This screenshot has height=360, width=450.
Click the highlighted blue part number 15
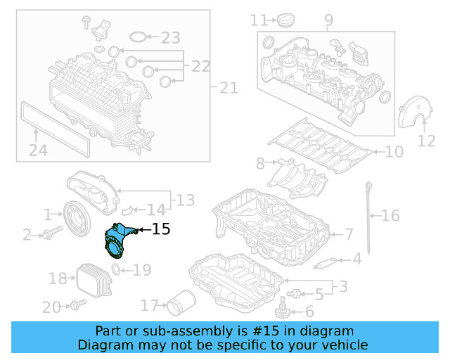point(118,241)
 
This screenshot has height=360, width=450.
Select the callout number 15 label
point(161,229)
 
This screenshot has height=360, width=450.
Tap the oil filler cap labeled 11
point(281,21)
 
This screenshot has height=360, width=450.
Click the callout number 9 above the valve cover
point(328,20)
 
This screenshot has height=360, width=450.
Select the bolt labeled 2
point(48,234)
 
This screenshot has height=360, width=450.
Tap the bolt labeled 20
point(77,306)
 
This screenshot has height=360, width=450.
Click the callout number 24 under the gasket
point(38,150)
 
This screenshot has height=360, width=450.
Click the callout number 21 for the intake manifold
point(229,88)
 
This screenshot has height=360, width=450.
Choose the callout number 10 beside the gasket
point(394,151)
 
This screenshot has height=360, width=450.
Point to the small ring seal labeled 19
point(121,268)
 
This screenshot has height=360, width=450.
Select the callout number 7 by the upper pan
point(349,234)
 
